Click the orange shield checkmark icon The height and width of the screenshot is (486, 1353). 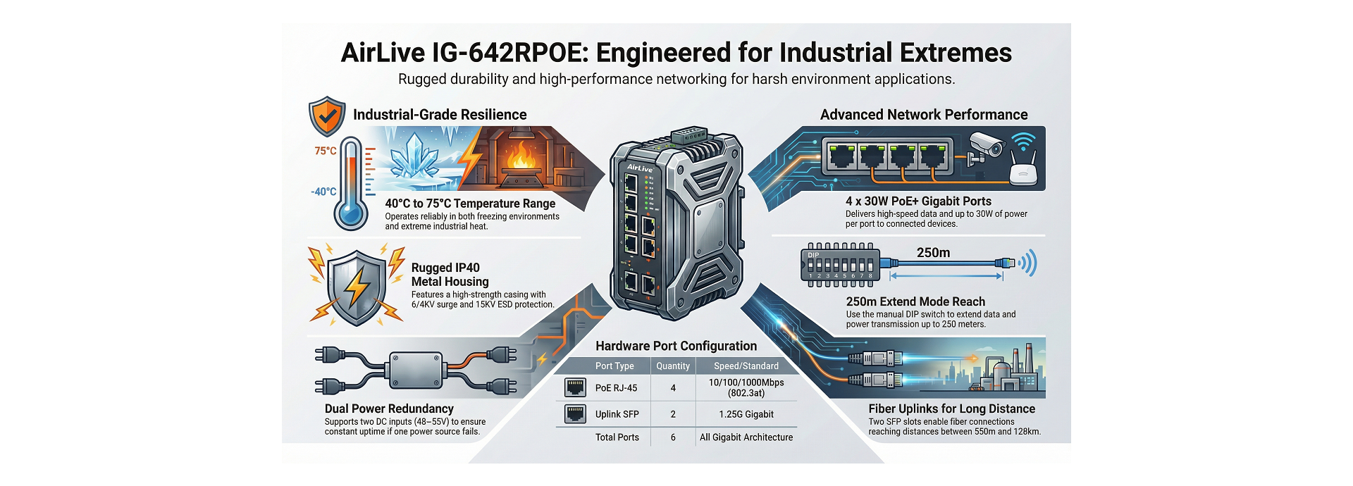coord(327,116)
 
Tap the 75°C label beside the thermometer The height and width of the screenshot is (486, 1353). coord(325,151)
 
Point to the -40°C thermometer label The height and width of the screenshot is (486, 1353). coord(323,192)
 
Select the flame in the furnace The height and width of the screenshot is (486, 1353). coord(521,156)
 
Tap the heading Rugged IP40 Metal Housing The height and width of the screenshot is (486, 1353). coord(450,275)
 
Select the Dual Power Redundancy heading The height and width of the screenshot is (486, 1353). coord(389,409)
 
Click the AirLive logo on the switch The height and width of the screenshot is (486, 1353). coord(639,168)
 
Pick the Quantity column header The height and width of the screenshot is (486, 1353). coord(673,366)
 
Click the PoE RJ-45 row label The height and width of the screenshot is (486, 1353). coord(616,388)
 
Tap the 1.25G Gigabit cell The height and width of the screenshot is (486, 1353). coord(746,414)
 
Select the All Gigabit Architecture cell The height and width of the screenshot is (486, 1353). coord(746,437)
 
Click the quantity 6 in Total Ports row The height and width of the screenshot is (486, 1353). coord(673,437)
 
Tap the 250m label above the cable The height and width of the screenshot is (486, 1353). coord(933,253)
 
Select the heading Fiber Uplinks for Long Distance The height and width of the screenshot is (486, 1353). coord(951,409)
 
